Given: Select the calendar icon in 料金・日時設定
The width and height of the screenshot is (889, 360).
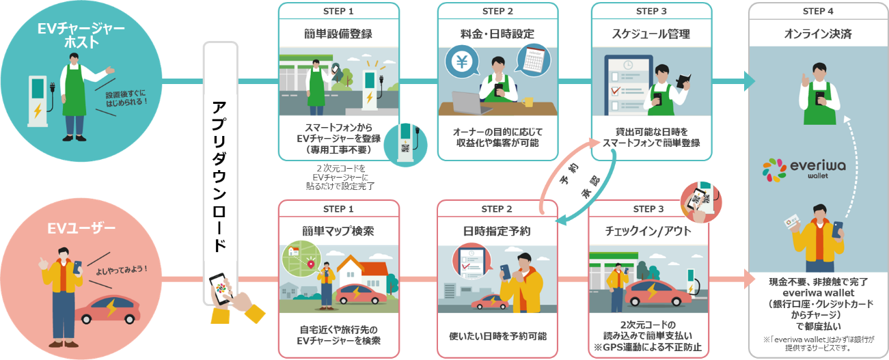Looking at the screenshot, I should pyautogui.click(x=533, y=60).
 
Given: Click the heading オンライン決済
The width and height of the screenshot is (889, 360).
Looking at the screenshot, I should pyautogui.click(x=817, y=33).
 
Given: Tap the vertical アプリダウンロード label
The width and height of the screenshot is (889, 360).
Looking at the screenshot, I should pyautogui.click(x=219, y=176).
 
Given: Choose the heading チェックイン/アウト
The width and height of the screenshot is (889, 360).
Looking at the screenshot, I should pyautogui.click(x=648, y=231).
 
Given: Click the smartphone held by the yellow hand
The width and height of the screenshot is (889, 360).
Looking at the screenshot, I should pyautogui.click(x=220, y=290).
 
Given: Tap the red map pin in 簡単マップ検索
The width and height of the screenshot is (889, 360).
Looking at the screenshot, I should pyautogui.click(x=312, y=264).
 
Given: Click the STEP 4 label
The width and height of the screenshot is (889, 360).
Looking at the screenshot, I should pyautogui.click(x=817, y=11).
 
